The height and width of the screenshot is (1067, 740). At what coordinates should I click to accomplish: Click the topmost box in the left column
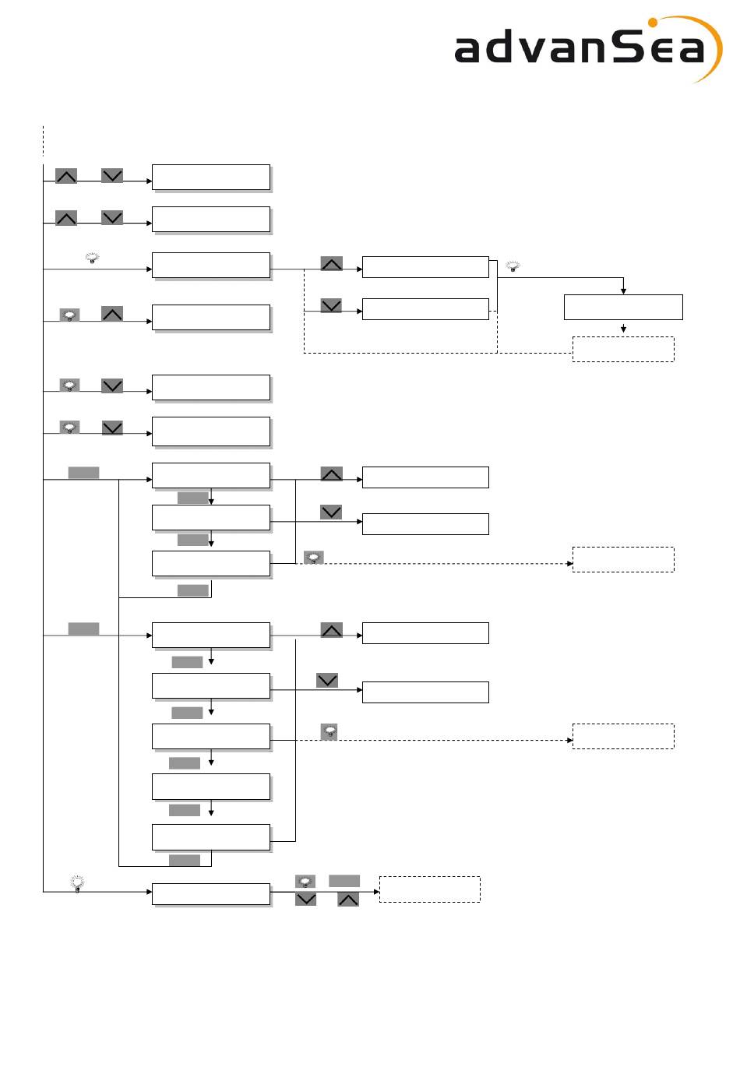(211, 177)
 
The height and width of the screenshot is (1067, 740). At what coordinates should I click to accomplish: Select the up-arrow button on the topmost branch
(66, 176)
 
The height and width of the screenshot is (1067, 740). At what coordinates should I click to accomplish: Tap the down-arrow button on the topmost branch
(112, 176)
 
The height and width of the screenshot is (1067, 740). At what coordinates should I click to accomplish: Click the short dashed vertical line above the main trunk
(43, 141)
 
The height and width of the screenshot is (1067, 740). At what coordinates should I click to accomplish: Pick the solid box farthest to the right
(623, 307)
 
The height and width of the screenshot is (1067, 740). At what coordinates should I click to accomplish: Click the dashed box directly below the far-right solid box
(623, 349)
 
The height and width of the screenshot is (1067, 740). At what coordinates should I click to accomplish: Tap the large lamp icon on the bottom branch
(77, 882)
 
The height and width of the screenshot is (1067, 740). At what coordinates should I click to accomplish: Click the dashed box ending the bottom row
(429, 889)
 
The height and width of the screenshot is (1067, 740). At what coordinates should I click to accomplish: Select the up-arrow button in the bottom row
(348, 900)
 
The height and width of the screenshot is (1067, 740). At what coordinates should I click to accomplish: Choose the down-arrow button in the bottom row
(305, 900)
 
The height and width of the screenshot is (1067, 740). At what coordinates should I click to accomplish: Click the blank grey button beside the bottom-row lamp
(344, 881)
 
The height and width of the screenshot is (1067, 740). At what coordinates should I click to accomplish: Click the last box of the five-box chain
(211, 836)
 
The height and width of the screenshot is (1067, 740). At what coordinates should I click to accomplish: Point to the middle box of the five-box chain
(211, 736)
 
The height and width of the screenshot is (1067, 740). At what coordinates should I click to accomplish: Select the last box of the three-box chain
(211, 563)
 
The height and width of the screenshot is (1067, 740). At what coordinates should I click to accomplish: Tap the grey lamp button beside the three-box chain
(313, 558)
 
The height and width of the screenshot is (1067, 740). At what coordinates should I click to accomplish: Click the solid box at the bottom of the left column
(211, 893)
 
